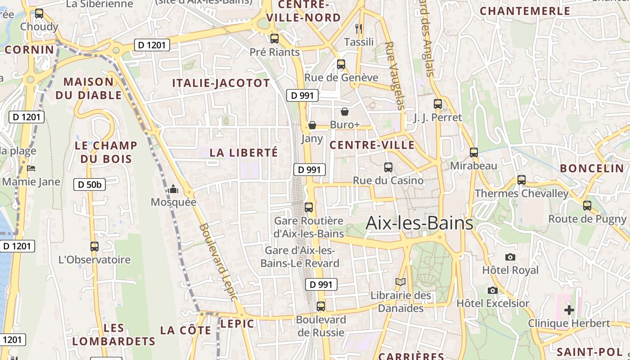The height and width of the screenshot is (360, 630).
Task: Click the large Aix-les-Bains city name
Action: coord(419,223)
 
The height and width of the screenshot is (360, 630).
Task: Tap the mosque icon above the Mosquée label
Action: coord(173,189)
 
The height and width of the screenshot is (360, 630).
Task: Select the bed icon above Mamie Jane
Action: coord(31,168)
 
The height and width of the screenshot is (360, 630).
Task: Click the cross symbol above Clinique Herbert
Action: coord(569,310)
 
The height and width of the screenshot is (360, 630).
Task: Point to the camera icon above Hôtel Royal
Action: coord(510,257)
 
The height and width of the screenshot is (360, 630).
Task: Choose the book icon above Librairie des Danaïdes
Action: coord(400,282)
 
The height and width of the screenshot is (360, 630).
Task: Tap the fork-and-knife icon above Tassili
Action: coord(359,29)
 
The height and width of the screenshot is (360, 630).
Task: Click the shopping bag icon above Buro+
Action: coord(345,111)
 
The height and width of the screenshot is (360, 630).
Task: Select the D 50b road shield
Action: coord(89,184)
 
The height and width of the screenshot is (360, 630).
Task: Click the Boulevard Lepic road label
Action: coord(218,262)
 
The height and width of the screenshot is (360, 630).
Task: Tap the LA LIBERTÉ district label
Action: coord(244,153)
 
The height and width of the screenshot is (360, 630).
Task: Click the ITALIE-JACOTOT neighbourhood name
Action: coord(221,83)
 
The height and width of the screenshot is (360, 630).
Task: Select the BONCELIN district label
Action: coord(592,168)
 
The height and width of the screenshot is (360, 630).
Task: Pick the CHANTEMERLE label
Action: coord(525,11)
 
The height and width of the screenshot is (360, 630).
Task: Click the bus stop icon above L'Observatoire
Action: coord(94,246)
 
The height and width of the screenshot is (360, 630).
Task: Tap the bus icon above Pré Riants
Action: coord(274,39)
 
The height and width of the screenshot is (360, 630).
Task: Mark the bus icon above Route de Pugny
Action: coord(587,206)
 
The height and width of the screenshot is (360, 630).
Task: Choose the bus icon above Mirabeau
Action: coord(474,152)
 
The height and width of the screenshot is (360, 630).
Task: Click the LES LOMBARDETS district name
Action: coord(113,334)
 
